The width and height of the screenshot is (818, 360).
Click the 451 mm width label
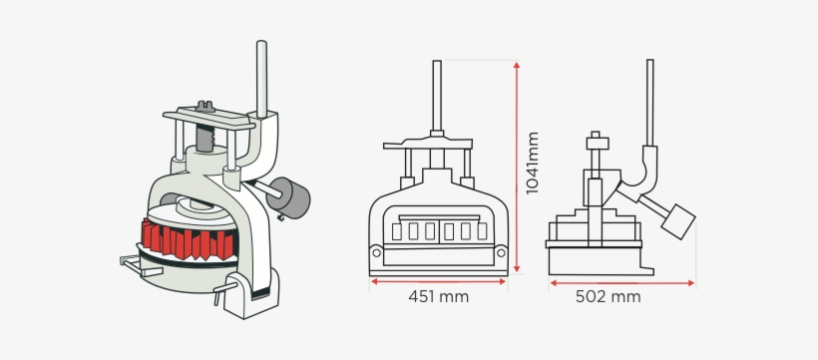tap(438, 297)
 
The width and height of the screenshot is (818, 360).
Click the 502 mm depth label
tap(608, 297)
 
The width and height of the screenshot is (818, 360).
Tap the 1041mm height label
tap(532, 164)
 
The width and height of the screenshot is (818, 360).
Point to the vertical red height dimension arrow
tap(517, 167)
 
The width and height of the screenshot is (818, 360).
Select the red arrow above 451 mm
tap(438, 282)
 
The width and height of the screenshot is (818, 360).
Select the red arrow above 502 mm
tap(621, 283)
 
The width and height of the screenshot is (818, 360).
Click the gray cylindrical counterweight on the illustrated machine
tap(288, 197)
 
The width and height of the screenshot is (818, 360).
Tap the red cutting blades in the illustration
tap(187, 239)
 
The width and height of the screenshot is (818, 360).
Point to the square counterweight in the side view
tap(678, 221)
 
